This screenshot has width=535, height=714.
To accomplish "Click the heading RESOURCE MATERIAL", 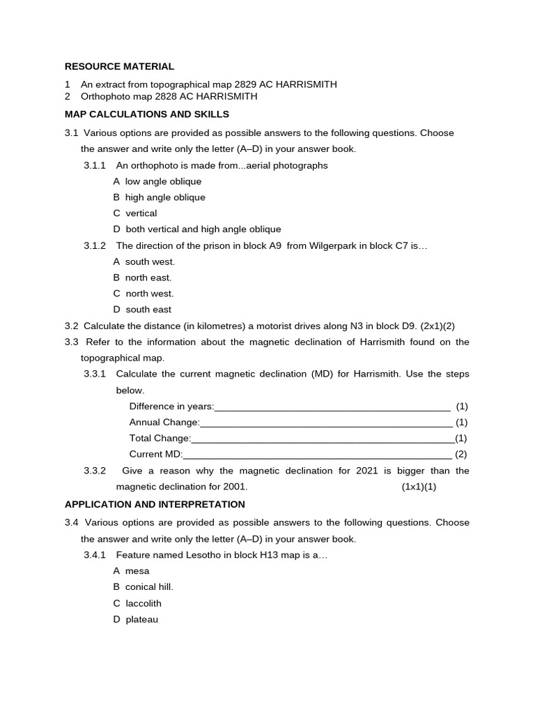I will click(119, 67).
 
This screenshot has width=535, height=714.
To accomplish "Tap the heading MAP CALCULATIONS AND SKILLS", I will click(146, 114).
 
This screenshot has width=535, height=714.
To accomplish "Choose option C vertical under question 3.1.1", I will click(135, 213).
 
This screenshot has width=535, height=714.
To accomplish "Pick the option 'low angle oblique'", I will click(153, 181).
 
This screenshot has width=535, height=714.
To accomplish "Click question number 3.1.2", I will click(95, 245).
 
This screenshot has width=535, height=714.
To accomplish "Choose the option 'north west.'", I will click(149, 294).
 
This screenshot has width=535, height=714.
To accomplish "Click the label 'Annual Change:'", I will click(164, 423).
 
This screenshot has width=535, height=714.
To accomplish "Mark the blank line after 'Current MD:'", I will click(318, 455).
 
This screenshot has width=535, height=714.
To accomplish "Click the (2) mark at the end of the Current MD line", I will click(461, 455).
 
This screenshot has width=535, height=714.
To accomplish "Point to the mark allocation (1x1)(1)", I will click(419, 487).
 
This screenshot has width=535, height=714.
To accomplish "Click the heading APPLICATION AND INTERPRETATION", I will click(155, 504).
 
